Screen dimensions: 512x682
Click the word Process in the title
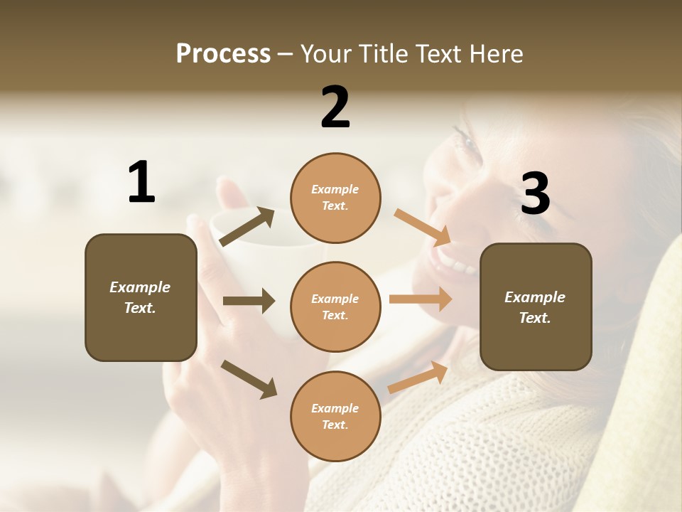pyautogui.click(x=223, y=53)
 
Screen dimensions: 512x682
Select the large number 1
pyautogui.click(x=141, y=183)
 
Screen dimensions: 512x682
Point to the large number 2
pyautogui.click(x=335, y=107)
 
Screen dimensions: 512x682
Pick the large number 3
pyautogui.click(x=535, y=193)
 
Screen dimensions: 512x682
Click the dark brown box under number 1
pyautogui.click(x=141, y=297)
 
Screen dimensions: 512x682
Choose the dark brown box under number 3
pyautogui.click(x=536, y=306)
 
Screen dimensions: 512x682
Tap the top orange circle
pyautogui.click(x=335, y=198)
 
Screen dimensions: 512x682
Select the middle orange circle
pyautogui.click(x=335, y=306)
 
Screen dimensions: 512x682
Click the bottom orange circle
pyautogui.click(x=335, y=416)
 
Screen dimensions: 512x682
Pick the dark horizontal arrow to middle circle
pyautogui.click(x=249, y=301)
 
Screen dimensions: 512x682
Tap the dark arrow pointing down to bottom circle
pyautogui.click(x=249, y=378)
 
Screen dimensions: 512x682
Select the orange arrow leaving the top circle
pyautogui.click(x=422, y=228)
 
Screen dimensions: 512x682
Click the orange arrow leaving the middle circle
pyautogui.click(x=421, y=299)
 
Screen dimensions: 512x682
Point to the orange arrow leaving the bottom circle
pyautogui.click(x=418, y=377)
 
